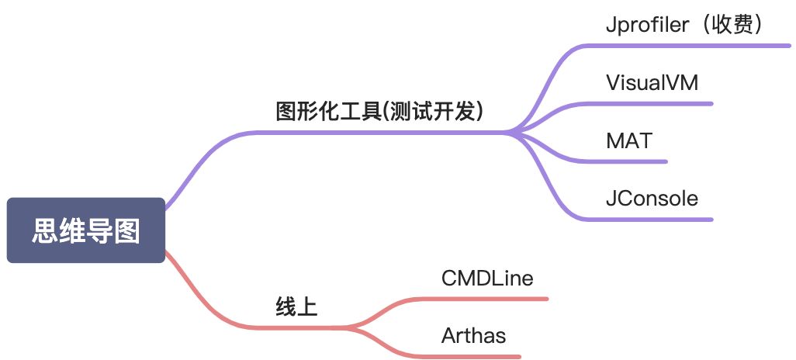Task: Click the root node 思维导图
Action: point(85,230)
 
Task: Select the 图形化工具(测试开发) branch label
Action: point(380,112)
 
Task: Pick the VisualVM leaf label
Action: point(652,82)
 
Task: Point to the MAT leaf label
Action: point(629,140)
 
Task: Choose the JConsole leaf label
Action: point(652,199)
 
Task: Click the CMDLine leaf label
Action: point(487,278)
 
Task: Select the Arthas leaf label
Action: point(473,336)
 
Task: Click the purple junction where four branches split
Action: point(512,133)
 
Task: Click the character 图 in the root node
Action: point(127,230)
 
